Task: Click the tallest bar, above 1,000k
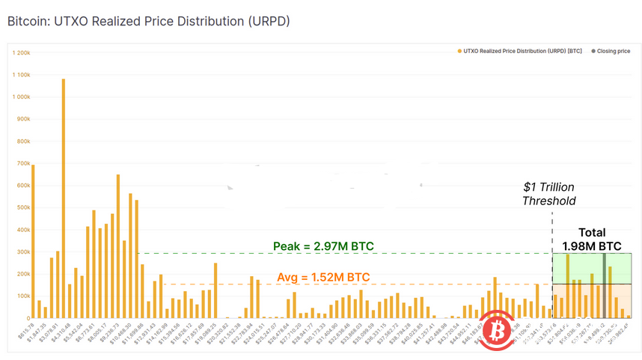pos(63,198)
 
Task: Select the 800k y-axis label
pos(22,141)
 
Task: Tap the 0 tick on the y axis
pos(27,318)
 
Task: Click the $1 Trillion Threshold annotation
pos(549,193)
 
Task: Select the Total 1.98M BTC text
pos(592,239)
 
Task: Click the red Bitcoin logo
pos(497,330)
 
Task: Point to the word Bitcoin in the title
pos(26,21)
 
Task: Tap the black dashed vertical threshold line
pos(552,262)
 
